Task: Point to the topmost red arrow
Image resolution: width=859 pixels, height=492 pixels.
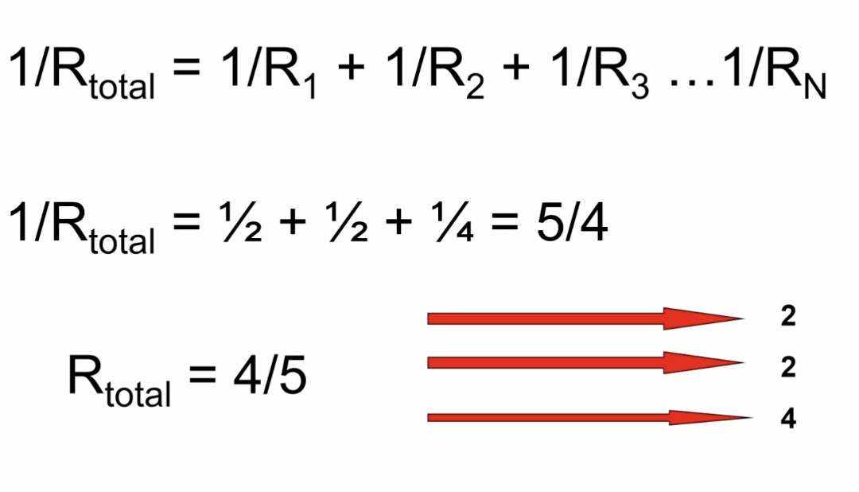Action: tap(585, 318)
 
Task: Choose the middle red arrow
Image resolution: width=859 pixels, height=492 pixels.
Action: tap(585, 363)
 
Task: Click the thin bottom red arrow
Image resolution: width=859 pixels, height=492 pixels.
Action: tap(589, 417)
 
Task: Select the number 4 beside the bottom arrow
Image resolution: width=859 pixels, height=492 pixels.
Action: tap(788, 419)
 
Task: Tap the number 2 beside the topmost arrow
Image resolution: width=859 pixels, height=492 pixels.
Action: tap(788, 317)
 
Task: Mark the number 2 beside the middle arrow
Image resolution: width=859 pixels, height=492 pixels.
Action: tap(788, 367)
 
